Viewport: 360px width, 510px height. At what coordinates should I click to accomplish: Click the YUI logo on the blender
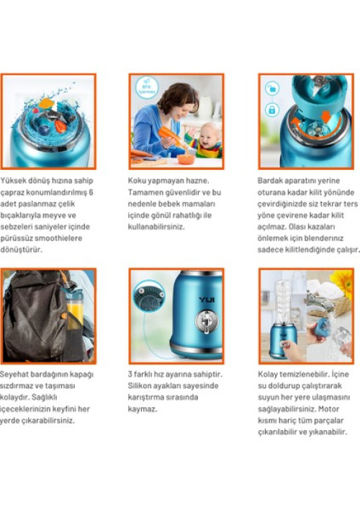click(x=207, y=300)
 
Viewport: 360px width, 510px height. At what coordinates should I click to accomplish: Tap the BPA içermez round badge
click(x=147, y=88)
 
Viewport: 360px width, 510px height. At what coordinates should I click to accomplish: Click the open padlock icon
click(x=272, y=88)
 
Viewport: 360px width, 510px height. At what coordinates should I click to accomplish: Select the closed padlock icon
click(x=272, y=109)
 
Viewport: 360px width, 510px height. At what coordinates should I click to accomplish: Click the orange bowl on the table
click(x=186, y=159)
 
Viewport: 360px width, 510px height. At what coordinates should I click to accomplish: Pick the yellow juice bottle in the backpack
click(x=75, y=309)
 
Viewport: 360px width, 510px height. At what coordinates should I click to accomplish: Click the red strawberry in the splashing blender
click(x=60, y=126)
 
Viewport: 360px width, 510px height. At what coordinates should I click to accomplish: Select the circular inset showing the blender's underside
click(x=148, y=296)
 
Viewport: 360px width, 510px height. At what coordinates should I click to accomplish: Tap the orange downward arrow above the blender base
click(x=325, y=117)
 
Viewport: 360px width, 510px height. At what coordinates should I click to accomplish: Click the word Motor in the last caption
click(x=328, y=409)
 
